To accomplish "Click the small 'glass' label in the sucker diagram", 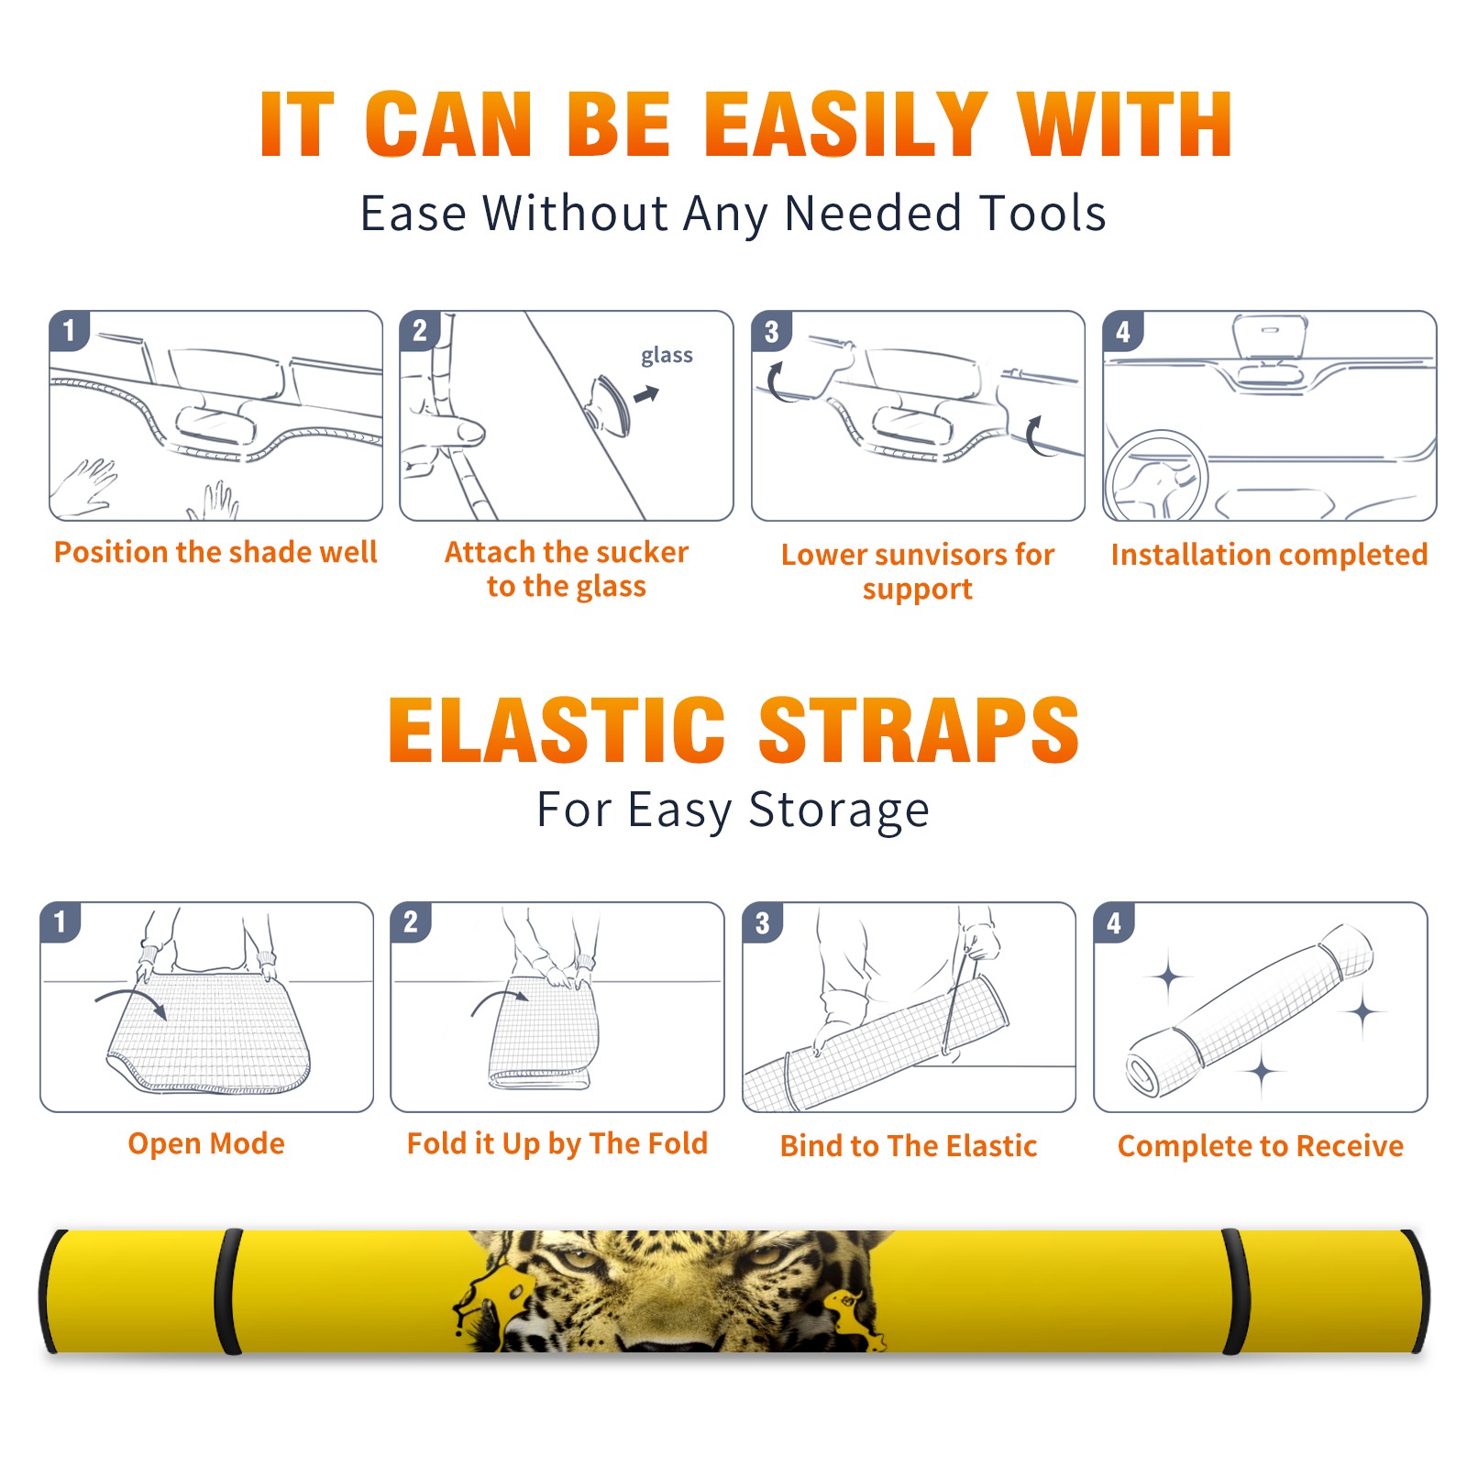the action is coord(667,355).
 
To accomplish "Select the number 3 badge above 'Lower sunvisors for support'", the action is coord(771,331).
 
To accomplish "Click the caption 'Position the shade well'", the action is coord(215,552).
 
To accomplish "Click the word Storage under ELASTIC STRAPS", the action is coord(839,811).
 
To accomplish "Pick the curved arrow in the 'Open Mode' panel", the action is coord(131,1002).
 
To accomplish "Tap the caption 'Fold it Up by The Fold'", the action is coord(557,1143).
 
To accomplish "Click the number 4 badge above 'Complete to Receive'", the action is coord(1114,922).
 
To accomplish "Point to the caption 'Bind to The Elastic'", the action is coord(909,1146).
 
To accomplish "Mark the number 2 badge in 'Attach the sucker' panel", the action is coord(420,331).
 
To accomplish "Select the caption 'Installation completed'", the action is coord(1269,555).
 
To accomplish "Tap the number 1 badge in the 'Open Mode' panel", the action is coord(61,922).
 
